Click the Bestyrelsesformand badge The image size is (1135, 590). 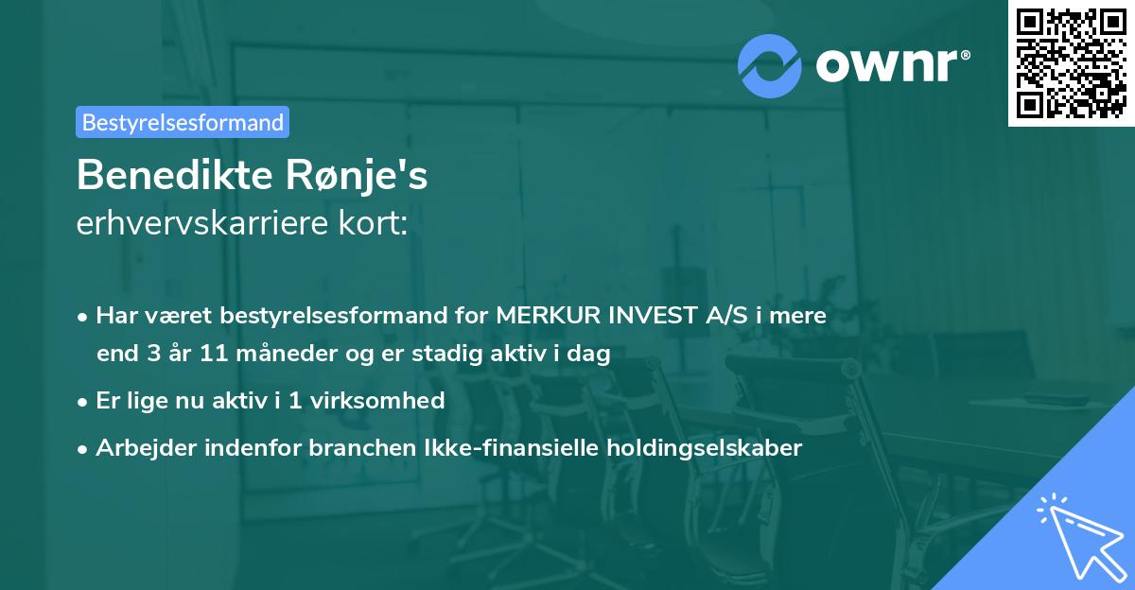pyautogui.click(x=183, y=122)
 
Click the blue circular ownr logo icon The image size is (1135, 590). pyautogui.click(x=770, y=65)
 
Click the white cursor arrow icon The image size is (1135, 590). pyautogui.click(x=1078, y=535)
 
